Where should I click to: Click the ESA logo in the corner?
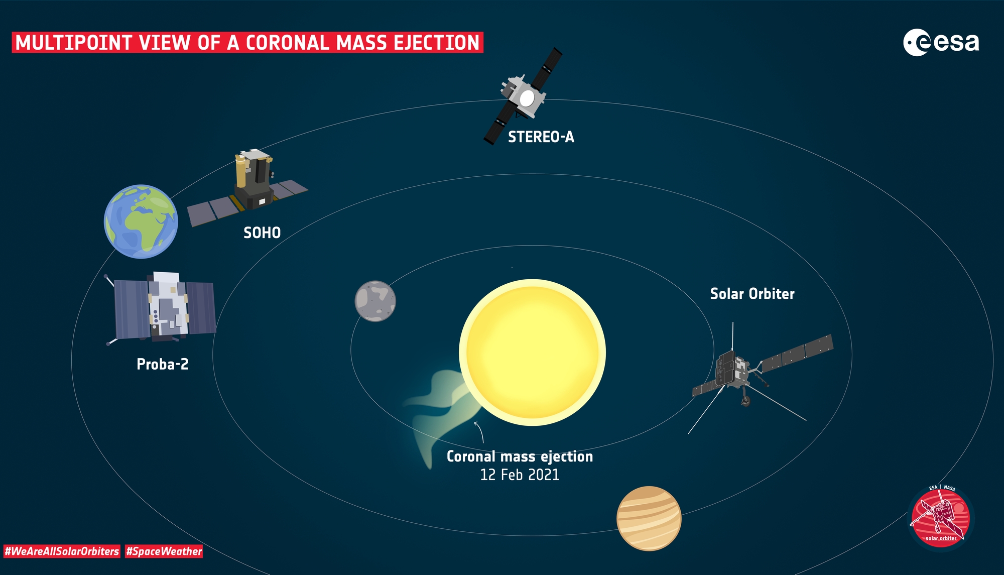[941, 43]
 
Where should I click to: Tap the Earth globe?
[141, 221]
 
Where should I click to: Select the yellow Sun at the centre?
[532, 353]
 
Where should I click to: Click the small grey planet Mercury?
[375, 301]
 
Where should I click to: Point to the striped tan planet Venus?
[649, 518]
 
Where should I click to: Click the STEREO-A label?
[541, 137]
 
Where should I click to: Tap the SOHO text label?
[262, 233]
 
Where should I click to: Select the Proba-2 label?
[163, 364]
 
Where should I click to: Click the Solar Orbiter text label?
[752, 294]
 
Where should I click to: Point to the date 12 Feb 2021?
[520, 475]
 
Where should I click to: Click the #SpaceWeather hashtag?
[164, 551]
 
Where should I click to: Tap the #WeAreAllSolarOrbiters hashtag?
[62, 551]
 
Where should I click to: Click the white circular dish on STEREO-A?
[527, 98]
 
